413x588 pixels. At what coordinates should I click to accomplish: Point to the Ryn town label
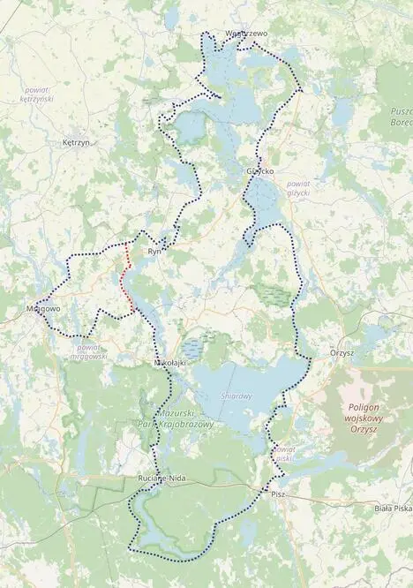[x=156, y=252]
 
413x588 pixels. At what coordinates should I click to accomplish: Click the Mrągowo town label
[x=43, y=310]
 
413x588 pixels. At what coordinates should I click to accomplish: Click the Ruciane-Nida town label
[x=159, y=478]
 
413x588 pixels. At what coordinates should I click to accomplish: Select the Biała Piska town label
[x=392, y=508]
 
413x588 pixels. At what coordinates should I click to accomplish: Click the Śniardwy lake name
[x=237, y=396]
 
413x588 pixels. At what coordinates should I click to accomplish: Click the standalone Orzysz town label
[x=342, y=352]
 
